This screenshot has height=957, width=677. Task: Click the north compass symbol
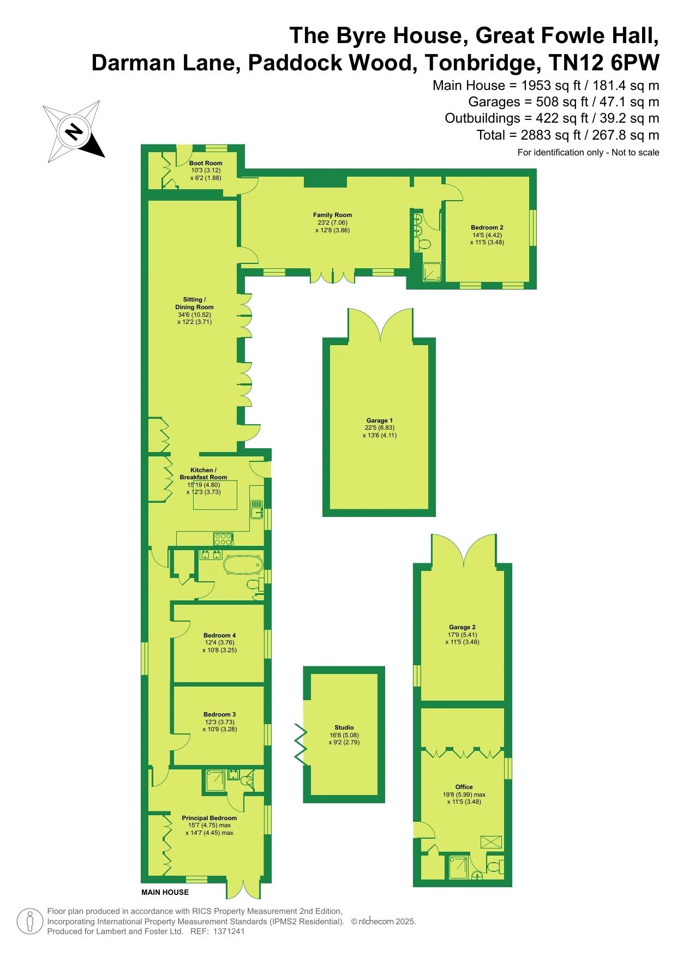[74, 131]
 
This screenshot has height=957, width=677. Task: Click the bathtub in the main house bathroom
[243, 564]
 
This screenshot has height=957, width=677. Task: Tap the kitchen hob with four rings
[223, 539]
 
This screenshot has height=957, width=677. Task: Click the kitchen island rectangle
[215, 495]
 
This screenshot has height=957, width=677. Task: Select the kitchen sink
[257, 509]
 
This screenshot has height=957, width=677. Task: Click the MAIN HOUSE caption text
[165, 893]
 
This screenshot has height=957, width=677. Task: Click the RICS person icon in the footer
[31, 922]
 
